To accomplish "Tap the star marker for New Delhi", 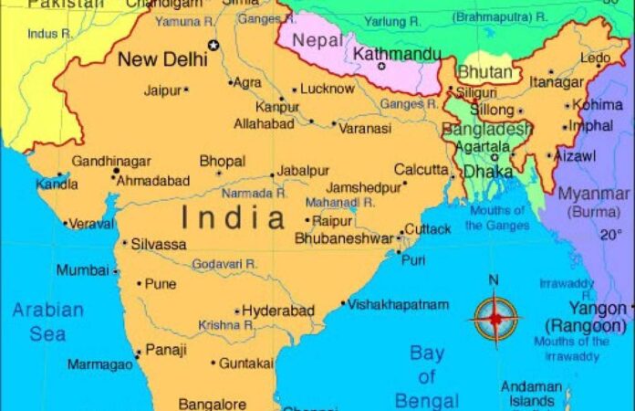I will tap(214, 45).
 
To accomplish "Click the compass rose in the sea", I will tap(494, 317).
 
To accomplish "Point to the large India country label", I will tap(234, 217).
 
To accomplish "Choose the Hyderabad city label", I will tap(278, 311).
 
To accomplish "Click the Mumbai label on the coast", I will tap(82, 270).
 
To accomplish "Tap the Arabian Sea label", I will tap(47, 321).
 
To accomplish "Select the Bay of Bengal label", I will tap(427, 376).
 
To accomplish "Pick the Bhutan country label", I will tap(484, 71).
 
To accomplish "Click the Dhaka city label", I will tap(488, 171).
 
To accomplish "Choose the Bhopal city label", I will tap(222, 162).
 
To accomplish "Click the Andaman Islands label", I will tap(531, 394).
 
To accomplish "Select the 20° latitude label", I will tap(610, 234).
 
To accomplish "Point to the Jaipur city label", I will tap(162, 90).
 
